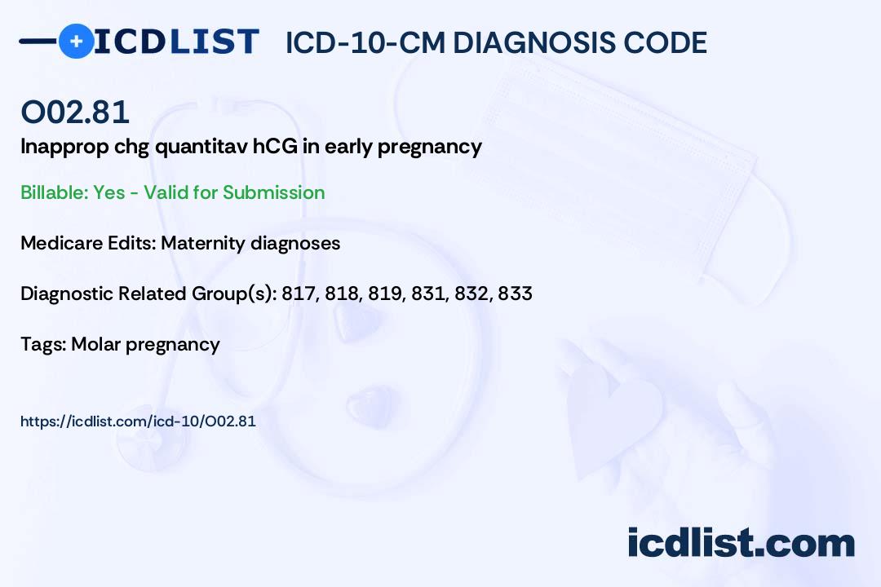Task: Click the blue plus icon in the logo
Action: [x=76, y=41]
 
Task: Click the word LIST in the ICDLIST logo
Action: [x=214, y=42]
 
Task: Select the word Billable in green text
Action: [x=53, y=192]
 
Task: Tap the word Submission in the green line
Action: [x=273, y=192]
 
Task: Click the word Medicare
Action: [x=61, y=243]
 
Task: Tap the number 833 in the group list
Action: [x=515, y=293]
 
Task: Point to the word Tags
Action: [x=42, y=345]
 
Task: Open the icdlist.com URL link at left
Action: [x=138, y=421]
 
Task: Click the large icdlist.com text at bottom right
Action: [x=741, y=543]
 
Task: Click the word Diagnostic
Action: [x=67, y=293]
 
